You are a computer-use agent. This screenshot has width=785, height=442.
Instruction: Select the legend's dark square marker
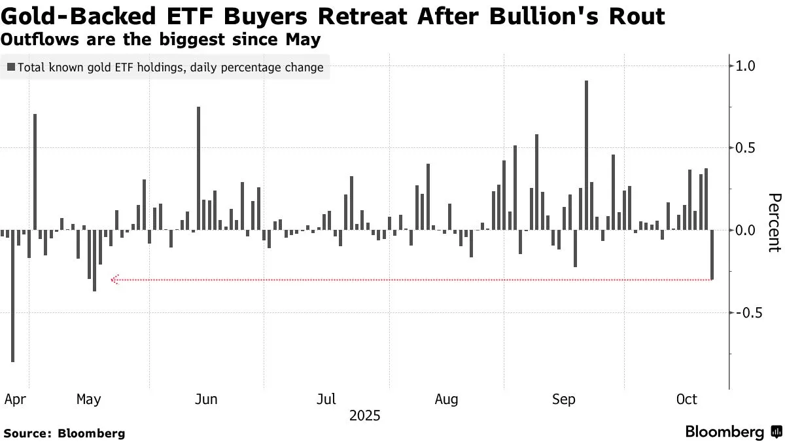(11, 67)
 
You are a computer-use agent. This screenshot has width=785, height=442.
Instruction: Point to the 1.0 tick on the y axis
(746, 65)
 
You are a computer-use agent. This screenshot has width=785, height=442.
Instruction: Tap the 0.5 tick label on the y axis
(746, 148)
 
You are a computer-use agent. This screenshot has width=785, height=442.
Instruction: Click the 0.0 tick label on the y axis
(746, 230)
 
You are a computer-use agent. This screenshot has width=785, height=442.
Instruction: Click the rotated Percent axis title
(775, 223)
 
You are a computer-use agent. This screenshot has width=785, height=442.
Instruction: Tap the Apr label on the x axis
(14, 399)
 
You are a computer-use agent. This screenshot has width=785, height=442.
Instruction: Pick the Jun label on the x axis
(206, 399)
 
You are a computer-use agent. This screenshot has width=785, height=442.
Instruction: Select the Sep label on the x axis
(564, 399)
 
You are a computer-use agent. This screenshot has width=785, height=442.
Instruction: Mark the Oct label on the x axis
(686, 399)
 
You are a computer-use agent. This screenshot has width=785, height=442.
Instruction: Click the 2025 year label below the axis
(364, 416)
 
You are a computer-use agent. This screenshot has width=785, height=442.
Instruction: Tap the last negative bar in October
(712, 255)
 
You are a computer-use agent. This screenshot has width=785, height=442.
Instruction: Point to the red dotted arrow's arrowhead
(114, 280)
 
